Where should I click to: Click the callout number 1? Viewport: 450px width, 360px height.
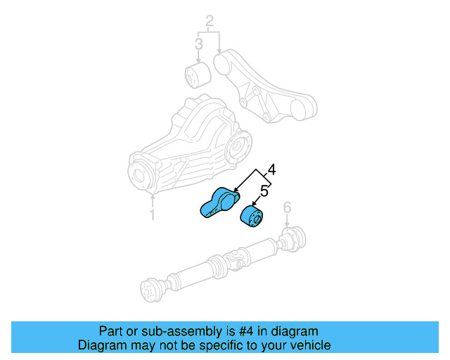[153, 214]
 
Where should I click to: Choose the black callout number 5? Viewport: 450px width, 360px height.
[264, 191]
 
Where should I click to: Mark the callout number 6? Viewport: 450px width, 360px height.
[287, 207]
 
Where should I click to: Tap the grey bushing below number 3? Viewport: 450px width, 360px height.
[198, 75]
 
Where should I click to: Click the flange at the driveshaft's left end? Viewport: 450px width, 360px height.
[149, 290]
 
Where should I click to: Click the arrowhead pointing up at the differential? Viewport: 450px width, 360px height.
[153, 195]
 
